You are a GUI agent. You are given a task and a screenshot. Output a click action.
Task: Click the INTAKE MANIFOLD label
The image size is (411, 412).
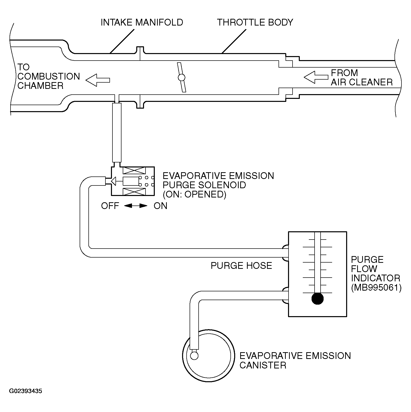(x=142, y=23)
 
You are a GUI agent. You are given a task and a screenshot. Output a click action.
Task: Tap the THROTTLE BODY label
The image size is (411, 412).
(x=255, y=23)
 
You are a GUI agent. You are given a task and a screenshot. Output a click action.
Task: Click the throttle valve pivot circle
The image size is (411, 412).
(x=181, y=77)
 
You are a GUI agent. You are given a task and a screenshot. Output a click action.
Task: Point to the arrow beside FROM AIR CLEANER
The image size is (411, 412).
(x=316, y=77)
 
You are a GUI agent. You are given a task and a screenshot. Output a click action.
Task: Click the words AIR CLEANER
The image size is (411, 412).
(x=362, y=82)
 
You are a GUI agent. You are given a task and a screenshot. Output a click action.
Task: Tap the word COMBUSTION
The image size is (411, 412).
(x=49, y=76)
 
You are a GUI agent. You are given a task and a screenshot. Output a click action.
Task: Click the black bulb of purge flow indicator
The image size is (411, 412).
(x=318, y=299)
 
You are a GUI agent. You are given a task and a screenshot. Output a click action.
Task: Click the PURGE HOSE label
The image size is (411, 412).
(x=241, y=266)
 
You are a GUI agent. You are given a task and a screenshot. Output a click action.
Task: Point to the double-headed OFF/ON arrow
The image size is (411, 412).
(x=135, y=206)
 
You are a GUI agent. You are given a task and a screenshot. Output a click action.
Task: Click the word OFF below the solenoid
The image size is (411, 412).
(x=110, y=206)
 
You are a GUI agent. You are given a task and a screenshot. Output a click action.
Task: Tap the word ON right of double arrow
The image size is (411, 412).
(x=160, y=206)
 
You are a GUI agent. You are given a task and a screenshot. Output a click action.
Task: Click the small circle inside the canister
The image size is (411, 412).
(x=194, y=355)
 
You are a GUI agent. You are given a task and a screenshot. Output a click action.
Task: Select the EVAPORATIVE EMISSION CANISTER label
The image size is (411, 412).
(x=295, y=360)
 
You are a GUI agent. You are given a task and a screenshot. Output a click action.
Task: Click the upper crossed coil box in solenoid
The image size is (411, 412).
(x=134, y=171)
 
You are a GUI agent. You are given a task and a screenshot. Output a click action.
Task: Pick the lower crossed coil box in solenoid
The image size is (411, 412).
(x=134, y=192)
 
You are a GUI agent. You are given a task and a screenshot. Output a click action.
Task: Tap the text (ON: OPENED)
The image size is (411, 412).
(x=194, y=194)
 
